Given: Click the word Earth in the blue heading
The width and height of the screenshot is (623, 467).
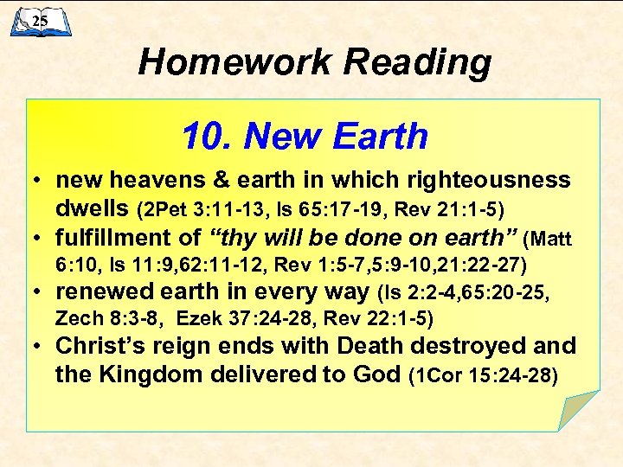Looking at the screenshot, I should (x=380, y=136).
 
